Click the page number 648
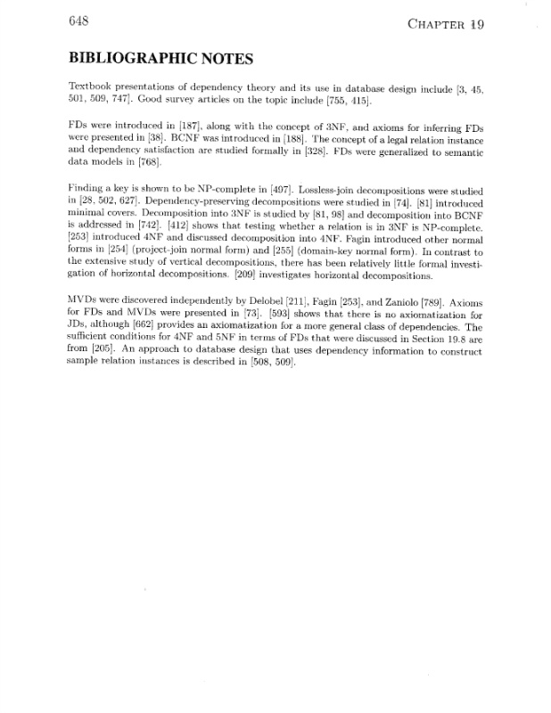pos(80,25)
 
